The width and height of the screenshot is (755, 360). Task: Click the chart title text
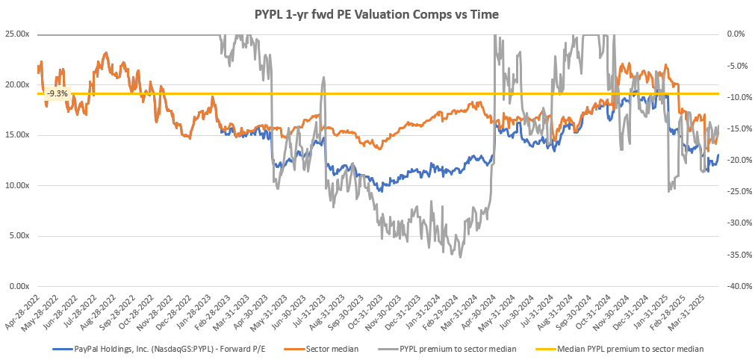click(377, 13)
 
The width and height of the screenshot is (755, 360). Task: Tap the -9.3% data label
click(57, 93)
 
